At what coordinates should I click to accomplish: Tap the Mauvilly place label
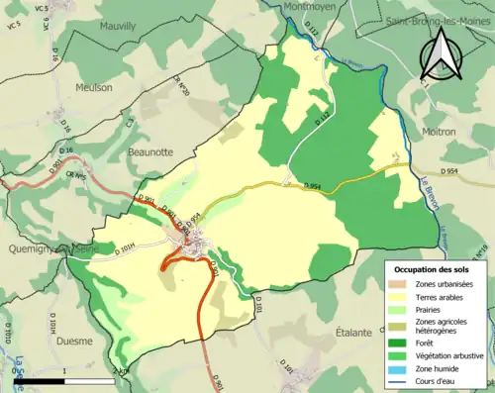120,28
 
